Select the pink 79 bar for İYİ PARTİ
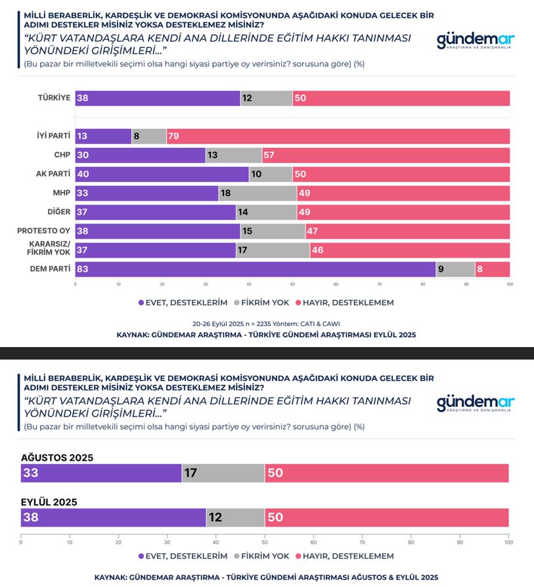tap(338, 137)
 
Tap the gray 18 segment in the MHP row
tap(257, 193)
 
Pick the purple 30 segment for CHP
tap(140, 156)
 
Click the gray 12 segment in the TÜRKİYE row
tap(266, 99)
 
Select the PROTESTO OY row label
tap(44, 231)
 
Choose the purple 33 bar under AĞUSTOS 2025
tap(101, 473)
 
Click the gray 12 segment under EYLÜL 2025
tap(235, 517)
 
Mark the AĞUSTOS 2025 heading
tap(57, 458)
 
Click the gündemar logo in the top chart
tap(476, 41)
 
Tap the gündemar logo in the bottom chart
tap(476, 403)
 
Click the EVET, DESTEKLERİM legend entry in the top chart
tap(183, 303)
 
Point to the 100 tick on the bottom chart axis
tap(508, 543)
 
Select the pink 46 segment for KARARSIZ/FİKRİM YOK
tap(410, 250)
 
